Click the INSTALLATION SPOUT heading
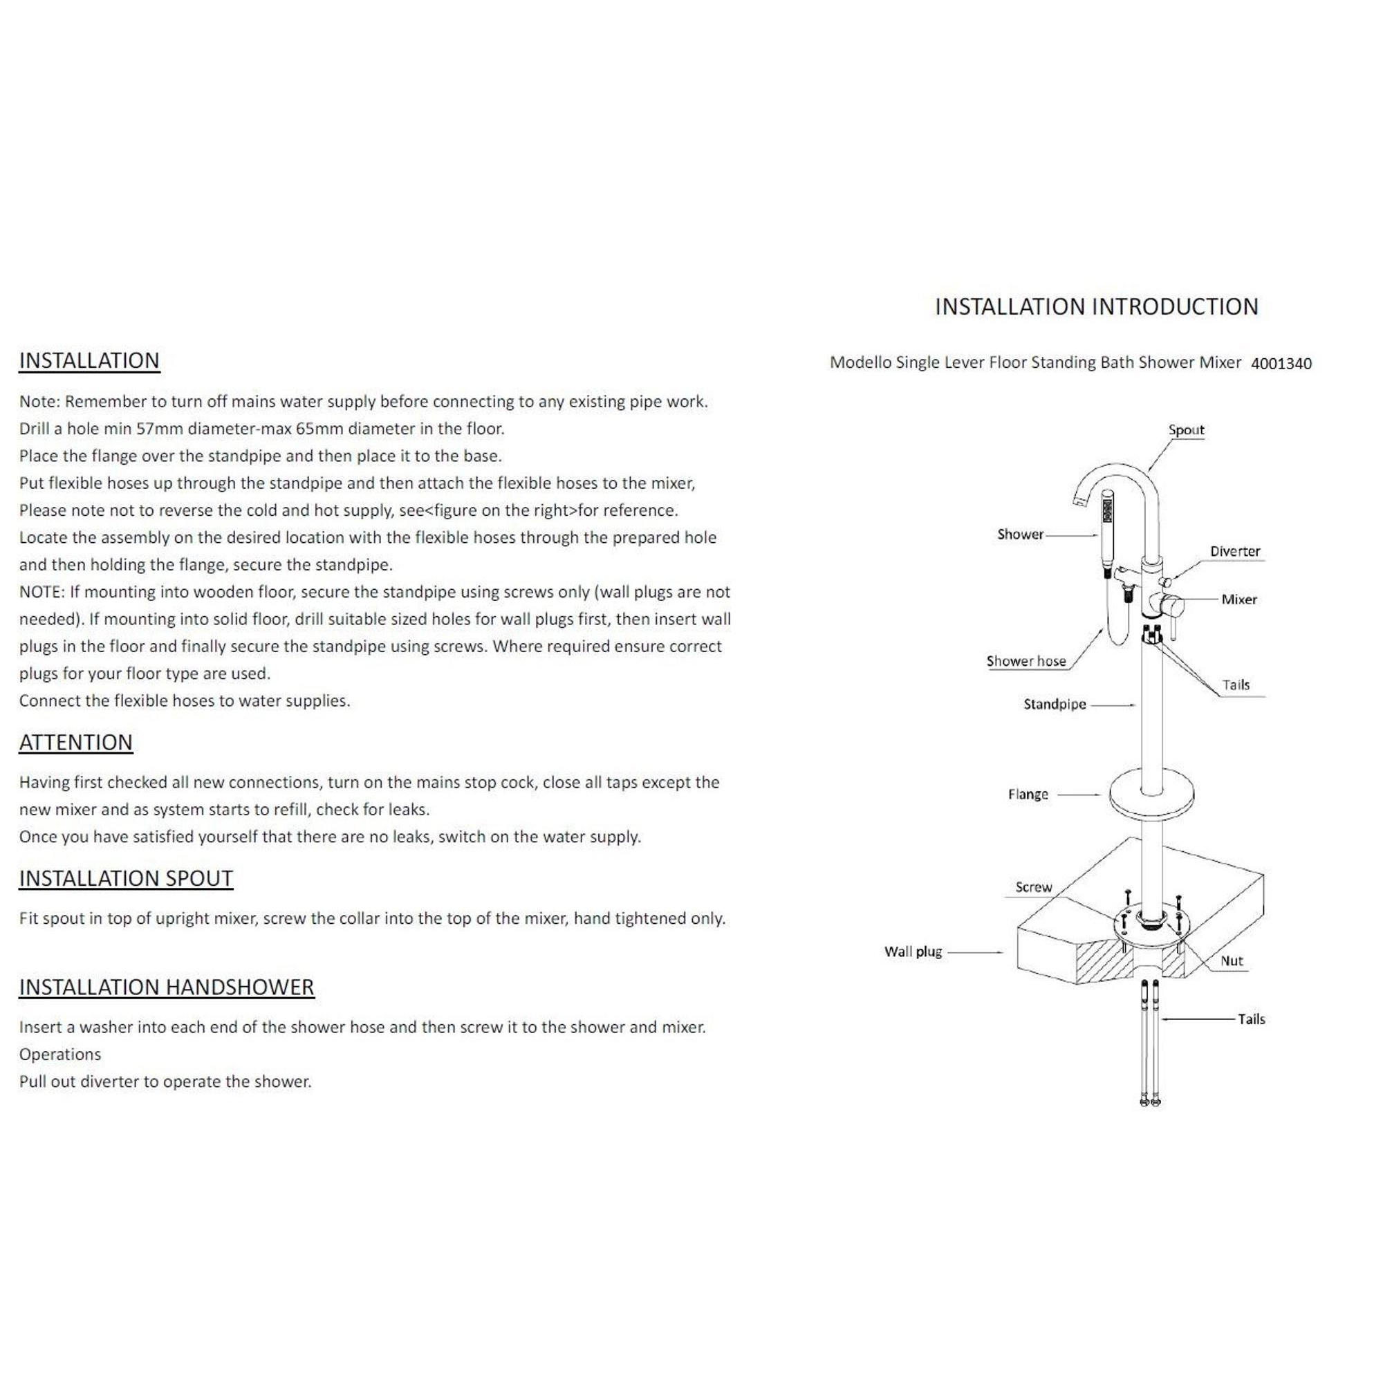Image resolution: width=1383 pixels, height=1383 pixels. point(126,878)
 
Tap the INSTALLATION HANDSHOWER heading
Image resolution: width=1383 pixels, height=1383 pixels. point(166,987)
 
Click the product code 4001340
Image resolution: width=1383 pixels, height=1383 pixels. point(1281,364)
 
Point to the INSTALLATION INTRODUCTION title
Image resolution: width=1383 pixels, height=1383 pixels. point(1096,306)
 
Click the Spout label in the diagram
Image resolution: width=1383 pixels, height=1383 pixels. point(1186,430)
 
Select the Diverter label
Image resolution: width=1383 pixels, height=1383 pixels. point(1235,551)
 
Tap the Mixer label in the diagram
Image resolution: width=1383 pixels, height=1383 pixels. point(1239,599)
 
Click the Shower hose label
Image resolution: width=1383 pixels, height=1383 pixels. point(1025,662)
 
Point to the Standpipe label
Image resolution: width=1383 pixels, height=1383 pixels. point(1055,705)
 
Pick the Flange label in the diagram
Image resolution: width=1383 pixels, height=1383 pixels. point(1028,795)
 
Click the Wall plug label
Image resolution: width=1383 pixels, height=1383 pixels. point(913,952)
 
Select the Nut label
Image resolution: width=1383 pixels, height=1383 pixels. point(1232,960)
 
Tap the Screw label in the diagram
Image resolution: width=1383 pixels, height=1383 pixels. point(1034,887)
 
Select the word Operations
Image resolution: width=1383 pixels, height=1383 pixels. point(60,1055)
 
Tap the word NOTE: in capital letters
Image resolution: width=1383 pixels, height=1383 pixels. point(42,592)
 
